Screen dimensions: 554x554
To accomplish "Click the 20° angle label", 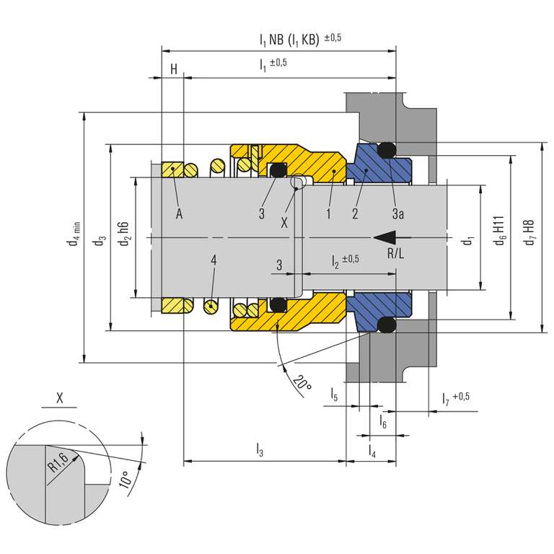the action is click(302, 382).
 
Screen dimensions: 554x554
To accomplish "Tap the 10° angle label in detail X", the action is click(126, 480).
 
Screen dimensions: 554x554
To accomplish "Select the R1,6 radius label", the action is click(58, 462).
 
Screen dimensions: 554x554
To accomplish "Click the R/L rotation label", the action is click(396, 253).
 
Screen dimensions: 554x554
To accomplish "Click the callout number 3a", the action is click(398, 214).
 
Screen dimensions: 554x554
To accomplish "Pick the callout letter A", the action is click(179, 214).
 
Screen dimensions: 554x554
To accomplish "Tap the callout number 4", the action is click(214, 260).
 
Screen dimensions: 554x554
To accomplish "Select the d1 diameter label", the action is click(467, 242).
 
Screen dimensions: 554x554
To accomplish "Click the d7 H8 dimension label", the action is click(529, 232).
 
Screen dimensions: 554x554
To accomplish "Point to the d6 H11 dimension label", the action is click(500, 231).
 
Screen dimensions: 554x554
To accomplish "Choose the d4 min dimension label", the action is click(74, 234).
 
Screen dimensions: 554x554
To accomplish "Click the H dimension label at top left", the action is click(173, 69).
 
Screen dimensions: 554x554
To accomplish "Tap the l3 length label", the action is click(260, 449).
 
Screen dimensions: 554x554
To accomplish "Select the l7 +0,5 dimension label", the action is click(456, 398).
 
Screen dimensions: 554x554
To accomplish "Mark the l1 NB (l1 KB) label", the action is click(289, 40).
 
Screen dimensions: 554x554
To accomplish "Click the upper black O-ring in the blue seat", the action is click(387, 151).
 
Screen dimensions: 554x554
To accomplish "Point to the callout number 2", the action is click(355, 214).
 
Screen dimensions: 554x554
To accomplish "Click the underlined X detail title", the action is click(59, 398).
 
